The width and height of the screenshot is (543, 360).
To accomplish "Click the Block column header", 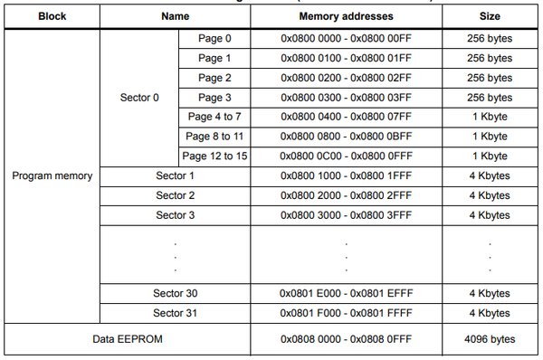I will coord(52,16).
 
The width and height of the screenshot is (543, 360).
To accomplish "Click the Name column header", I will coord(175,16).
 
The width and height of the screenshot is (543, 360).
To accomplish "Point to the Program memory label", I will coord(52,175).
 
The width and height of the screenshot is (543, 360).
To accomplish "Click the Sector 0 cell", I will coord(138,98).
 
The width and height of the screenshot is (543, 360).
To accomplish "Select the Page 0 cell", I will coord(215,39).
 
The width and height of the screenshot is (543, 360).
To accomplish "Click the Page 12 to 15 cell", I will coord(215,156).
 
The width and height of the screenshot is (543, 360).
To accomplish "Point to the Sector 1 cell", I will coord(175,175).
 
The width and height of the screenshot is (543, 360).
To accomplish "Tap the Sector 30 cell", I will coord(175,293).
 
